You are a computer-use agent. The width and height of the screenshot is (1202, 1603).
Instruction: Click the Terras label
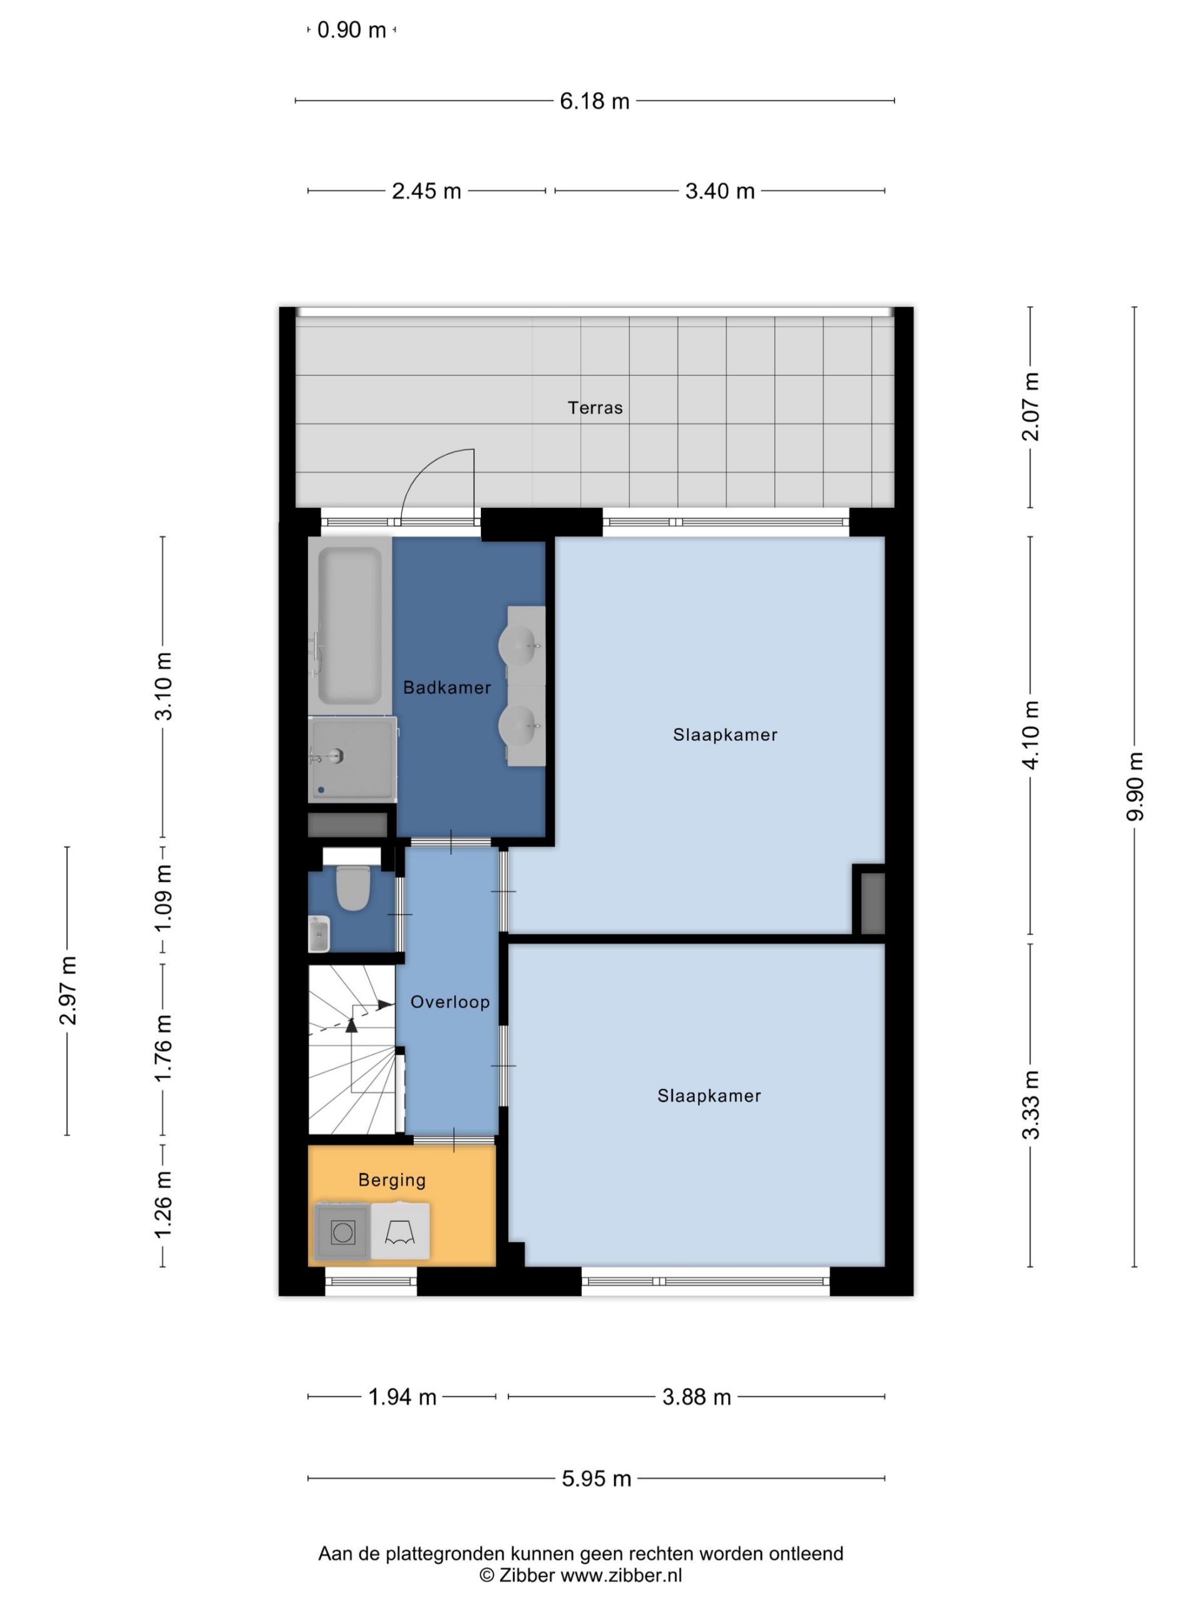pyautogui.click(x=595, y=408)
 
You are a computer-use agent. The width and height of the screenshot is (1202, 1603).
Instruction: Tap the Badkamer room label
pyautogui.click(x=447, y=688)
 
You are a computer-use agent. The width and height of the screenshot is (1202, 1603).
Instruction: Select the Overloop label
pyautogui.click(x=450, y=1003)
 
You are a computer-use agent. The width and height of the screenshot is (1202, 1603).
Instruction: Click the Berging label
pyautogui.click(x=392, y=1180)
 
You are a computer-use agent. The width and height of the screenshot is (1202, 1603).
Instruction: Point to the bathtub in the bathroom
pyautogui.click(x=350, y=626)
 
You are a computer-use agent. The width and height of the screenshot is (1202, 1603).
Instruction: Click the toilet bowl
pyautogui.click(x=354, y=888)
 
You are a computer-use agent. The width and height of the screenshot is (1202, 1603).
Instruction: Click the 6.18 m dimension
pyautogui.click(x=594, y=101)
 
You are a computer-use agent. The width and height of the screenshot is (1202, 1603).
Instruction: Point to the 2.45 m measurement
pyautogui.click(x=426, y=192)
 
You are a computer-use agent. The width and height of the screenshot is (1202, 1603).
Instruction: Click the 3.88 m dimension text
pyautogui.click(x=696, y=1397)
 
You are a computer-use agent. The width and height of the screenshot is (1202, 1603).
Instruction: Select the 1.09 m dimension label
pyautogui.click(x=163, y=898)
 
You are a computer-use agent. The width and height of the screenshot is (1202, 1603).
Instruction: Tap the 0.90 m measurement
pyautogui.click(x=351, y=31)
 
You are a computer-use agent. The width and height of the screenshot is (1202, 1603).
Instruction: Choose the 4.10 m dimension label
pyautogui.click(x=1030, y=735)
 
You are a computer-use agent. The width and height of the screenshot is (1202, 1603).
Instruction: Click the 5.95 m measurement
pyautogui.click(x=596, y=1479)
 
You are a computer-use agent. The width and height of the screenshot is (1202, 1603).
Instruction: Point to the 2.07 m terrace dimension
pyautogui.click(x=1030, y=406)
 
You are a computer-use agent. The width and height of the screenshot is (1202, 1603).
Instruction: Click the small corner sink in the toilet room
pyautogui.click(x=319, y=934)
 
